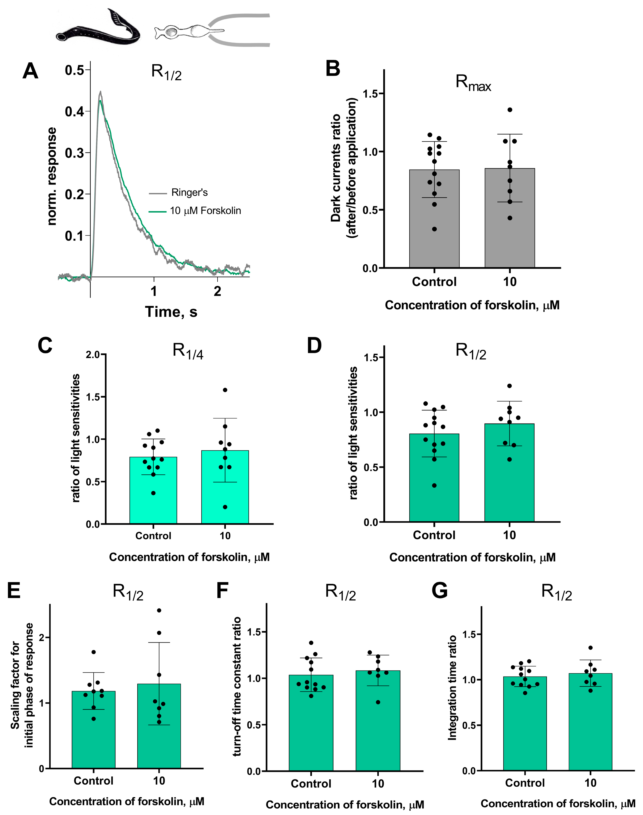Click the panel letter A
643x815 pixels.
coord(30,71)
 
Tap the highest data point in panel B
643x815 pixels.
coord(510,110)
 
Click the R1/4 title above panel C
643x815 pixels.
coord(187,351)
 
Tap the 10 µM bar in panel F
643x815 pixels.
coord(378,726)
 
